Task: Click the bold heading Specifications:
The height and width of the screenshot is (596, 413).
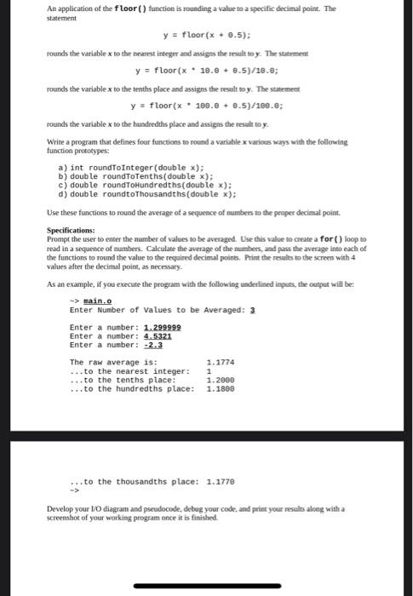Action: coord(71,231)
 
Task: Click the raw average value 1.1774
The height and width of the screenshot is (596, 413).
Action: coord(221,363)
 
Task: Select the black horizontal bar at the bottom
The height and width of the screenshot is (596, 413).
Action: coord(207,586)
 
